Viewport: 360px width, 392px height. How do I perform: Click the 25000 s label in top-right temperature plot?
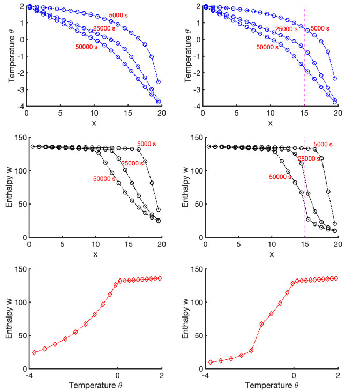click(287, 28)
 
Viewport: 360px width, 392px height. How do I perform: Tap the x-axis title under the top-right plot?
click(270, 124)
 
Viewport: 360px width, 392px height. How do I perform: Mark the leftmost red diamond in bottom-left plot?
click(35, 352)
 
